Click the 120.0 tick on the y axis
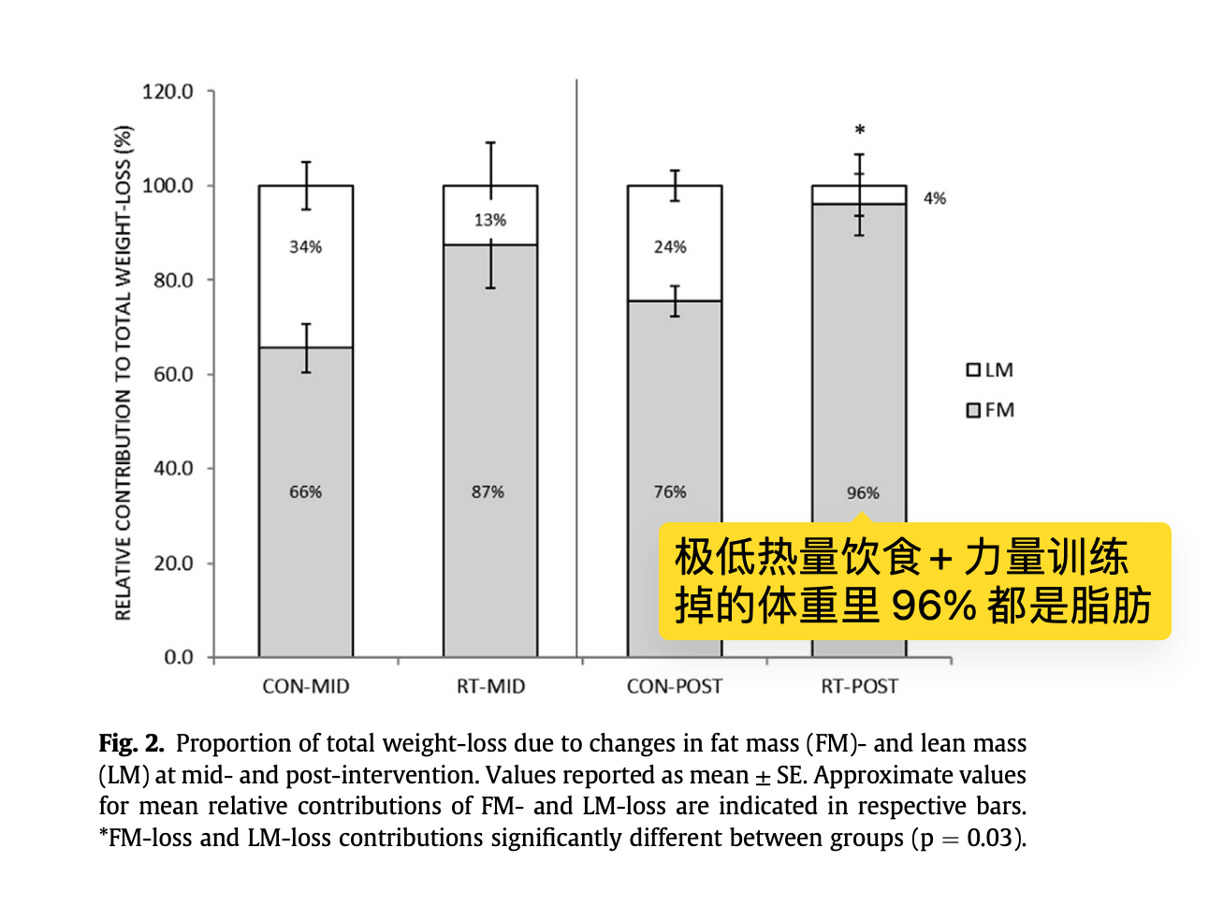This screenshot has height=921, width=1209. coord(168,92)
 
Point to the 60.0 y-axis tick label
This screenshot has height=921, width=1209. coord(171,374)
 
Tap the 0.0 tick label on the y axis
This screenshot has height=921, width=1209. coord(178,657)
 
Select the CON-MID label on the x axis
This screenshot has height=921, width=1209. coord(305,686)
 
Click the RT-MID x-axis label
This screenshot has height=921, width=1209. coord(490,686)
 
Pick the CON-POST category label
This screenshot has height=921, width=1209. coord(674,686)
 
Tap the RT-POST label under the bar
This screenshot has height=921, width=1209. coord(859,686)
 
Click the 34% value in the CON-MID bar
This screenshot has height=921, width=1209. coord(305,247)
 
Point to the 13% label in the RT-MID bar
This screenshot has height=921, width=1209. coord(489,220)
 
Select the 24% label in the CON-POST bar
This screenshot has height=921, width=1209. coord(670,247)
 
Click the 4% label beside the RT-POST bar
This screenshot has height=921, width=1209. coord(935,198)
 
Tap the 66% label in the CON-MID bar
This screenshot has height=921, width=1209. coord(305,492)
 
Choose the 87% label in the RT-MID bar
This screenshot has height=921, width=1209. coord(488,492)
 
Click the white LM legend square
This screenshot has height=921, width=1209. coord(973,370)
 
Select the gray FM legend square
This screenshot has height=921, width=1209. coord(973,410)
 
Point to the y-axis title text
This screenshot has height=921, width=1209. coord(123,373)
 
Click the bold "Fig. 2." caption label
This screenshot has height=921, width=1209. coord(131,743)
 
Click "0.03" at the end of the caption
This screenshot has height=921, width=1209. coord(990,837)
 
